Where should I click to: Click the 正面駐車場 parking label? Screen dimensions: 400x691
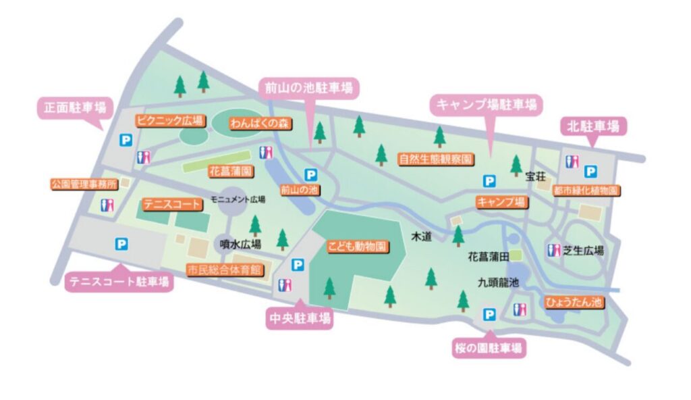pyautogui.click(x=70, y=107)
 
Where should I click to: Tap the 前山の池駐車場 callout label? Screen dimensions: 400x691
pyautogui.click(x=308, y=87)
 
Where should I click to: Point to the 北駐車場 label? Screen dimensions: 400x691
pyautogui.click(x=593, y=126)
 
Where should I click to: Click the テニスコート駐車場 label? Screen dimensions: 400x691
pyautogui.click(x=118, y=282)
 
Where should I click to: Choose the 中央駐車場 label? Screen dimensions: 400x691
pyautogui.click(x=300, y=318)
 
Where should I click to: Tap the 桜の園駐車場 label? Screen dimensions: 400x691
pyautogui.click(x=488, y=349)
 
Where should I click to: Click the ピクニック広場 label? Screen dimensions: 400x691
pyautogui.click(x=170, y=121)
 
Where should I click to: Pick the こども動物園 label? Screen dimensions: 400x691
pyautogui.click(x=357, y=246)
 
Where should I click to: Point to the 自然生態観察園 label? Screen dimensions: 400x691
pyautogui.click(x=435, y=159)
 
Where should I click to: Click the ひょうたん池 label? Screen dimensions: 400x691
pyautogui.click(x=574, y=302)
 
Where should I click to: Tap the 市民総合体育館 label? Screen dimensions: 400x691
pyautogui.click(x=226, y=270)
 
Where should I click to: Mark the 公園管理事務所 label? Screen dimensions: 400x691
pyautogui.click(x=84, y=183)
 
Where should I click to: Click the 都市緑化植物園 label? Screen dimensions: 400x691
pyautogui.click(x=585, y=191)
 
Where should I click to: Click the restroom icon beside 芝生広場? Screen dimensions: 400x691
pyautogui.click(x=555, y=250)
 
